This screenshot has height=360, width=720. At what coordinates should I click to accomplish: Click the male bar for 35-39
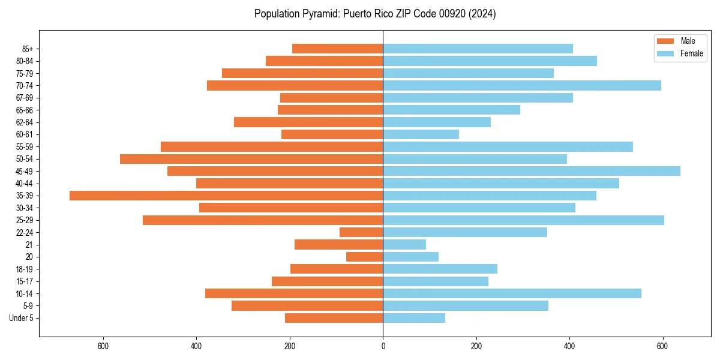[x=226, y=196]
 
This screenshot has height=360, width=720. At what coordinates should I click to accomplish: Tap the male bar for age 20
[x=365, y=257]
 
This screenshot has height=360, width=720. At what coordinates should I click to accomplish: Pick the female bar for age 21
[x=404, y=245]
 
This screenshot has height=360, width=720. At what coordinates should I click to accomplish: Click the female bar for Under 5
[x=414, y=318]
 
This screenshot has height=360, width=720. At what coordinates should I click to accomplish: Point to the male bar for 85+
[x=338, y=49]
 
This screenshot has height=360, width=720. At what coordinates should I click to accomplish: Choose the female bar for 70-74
[x=522, y=85]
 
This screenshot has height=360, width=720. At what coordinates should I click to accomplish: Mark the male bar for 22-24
[x=361, y=232]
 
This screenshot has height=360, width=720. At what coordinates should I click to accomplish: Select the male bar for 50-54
[x=251, y=159]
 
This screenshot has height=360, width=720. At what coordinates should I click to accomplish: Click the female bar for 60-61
[x=421, y=134]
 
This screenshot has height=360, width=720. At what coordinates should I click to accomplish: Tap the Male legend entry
[x=688, y=41]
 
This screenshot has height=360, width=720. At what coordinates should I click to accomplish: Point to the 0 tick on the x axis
[x=383, y=346]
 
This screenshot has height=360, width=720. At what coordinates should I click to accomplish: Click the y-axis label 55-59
[x=25, y=147]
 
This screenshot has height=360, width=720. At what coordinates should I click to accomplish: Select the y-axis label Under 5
[x=22, y=318]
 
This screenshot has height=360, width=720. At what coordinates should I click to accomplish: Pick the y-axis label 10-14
[x=25, y=293]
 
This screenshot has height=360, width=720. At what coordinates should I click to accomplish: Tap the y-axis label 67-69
[x=25, y=98]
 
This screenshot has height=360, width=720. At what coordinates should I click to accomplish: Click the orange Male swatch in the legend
[x=666, y=41]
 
